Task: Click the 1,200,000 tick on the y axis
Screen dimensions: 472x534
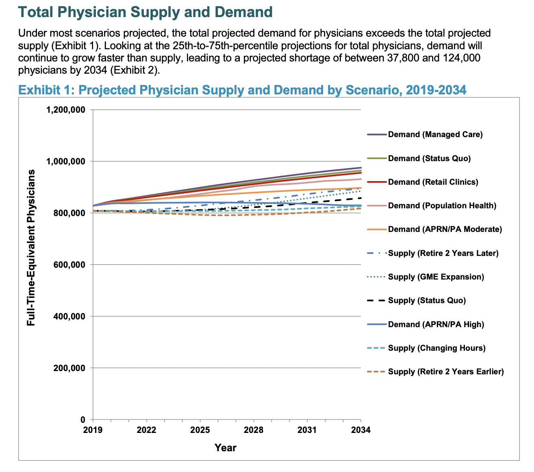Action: pos(66,110)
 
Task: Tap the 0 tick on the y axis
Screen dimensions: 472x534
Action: pos(83,420)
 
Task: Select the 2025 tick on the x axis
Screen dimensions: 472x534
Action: pos(200,430)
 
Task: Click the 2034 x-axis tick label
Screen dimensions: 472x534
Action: pos(361,430)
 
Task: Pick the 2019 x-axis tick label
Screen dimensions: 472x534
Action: pos(93,430)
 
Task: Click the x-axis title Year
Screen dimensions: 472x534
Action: pos(226,448)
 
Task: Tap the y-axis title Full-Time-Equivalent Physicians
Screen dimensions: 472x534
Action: pos(31,247)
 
